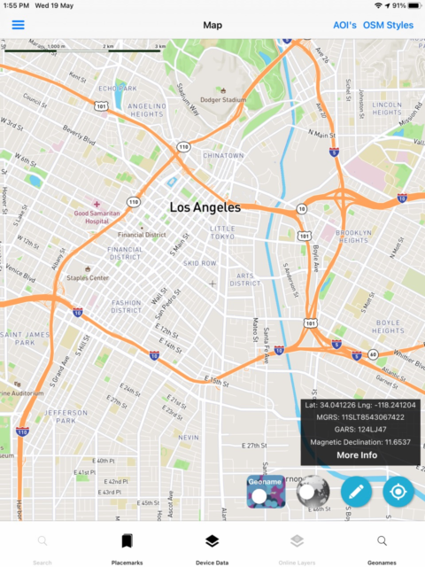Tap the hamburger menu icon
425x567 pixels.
click(18, 25)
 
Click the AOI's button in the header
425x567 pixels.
click(344, 25)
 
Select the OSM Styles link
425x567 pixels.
click(388, 25)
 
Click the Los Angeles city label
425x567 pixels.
click(205, 208)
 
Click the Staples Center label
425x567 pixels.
click(88, 277)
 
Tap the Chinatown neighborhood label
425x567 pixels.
click(223, 155)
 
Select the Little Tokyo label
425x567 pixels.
click(223, 232)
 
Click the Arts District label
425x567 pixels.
click(244, 280)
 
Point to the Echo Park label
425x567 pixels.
click(118, 89)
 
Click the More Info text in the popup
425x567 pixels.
click(356, 454)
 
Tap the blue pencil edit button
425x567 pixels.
click(356, 491)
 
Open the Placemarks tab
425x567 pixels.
click(127, 546)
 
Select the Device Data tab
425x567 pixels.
click(212, 546)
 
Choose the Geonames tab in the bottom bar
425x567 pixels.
click(382, 546)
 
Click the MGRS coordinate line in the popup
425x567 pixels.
click(360, 416)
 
